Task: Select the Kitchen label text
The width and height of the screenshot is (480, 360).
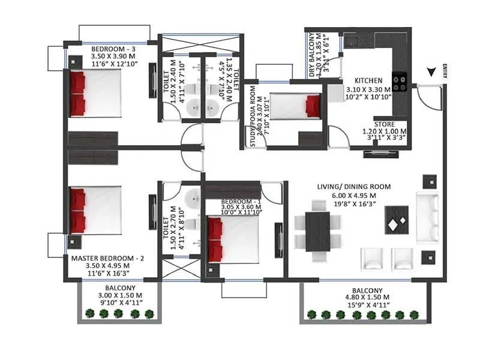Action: pyautogui.click(x=368, y=81)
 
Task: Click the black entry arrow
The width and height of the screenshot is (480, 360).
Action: pyautogui.click(x=431, y=72)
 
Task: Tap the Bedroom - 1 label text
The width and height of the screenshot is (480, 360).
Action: pyautogui.click(x=240, y=201)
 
